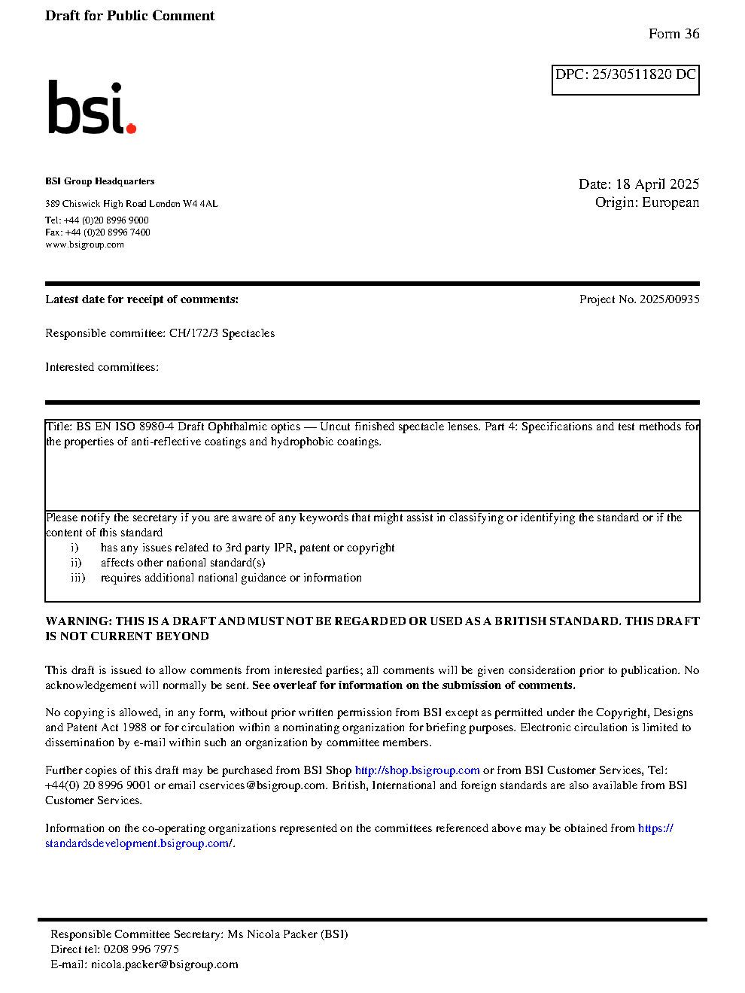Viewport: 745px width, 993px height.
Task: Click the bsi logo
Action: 91,108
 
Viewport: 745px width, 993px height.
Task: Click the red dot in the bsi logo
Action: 132,129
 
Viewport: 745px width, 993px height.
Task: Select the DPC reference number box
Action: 625,80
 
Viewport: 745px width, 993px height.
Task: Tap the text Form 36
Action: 674,34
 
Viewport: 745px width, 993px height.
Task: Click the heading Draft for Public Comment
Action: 129,16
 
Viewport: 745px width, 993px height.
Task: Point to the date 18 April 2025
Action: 657,184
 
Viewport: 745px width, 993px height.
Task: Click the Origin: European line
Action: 646,202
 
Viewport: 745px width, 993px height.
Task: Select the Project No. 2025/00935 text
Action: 639,299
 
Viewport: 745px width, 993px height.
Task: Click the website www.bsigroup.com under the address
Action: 84,244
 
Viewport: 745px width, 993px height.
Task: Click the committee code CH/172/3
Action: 193,333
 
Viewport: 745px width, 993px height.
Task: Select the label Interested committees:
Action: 102,367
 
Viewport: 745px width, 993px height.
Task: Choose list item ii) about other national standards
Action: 182,563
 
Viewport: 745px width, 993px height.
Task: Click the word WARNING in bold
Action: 78,621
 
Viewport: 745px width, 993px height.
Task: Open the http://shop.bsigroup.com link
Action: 417,770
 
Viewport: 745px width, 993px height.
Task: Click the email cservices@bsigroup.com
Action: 262,785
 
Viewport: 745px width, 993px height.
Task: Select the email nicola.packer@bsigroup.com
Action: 164,964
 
